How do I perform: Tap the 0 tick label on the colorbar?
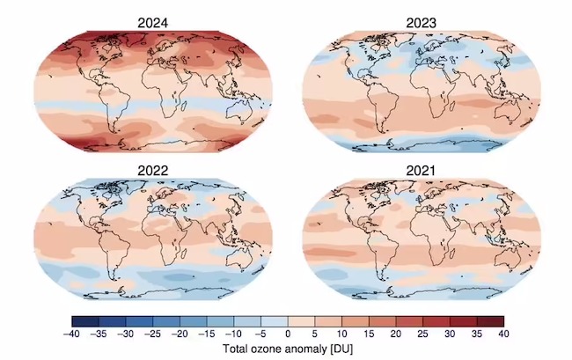(288, 334)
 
